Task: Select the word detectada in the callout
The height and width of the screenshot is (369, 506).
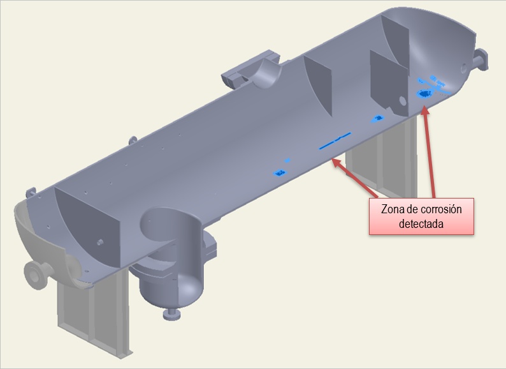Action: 421,224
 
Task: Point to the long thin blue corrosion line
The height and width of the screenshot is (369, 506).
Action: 335,140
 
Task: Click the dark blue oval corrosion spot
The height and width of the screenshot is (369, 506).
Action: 423,94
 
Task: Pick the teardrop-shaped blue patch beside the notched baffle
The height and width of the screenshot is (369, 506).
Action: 377,119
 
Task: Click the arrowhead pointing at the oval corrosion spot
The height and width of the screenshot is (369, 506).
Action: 425,110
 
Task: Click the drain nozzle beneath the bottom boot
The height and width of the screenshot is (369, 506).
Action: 171,314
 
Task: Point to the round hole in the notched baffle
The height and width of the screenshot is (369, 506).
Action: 402,101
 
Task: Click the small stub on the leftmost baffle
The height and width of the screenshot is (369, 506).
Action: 100,242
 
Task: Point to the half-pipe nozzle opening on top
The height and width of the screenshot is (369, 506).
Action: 267,73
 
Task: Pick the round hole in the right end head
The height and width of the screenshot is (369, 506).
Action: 464,68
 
